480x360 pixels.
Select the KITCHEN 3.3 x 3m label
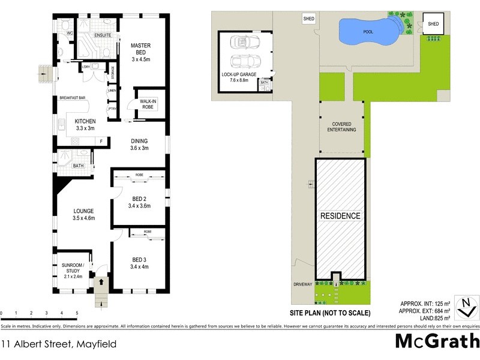tap(85, 124)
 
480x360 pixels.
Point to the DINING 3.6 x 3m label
tap(139, 144)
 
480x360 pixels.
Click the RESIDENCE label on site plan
tap(340, 216)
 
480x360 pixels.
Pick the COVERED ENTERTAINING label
tap(341, 127)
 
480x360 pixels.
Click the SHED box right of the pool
tap(433, 25)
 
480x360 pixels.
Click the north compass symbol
tap(463, 307)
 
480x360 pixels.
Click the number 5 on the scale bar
tap(77, 313)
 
